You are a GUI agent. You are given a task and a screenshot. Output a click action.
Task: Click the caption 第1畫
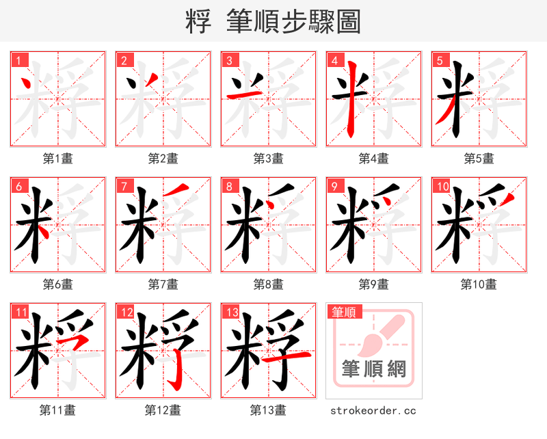[x=58, y=159]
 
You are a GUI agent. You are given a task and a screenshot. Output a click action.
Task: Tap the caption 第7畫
[x=163, y=284]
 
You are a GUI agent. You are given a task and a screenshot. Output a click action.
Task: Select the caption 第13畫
[x=268, y=410]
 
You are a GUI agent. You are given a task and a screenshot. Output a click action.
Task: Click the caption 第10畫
[x=479, y=284]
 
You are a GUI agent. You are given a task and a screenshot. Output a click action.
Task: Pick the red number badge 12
[x=126, y=313]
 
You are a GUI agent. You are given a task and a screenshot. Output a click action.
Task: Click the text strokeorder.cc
[x=373, y=411]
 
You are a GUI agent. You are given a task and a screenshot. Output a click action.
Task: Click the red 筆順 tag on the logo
[x=343, y=312]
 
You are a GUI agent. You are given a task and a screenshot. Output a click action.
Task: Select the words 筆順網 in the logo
[x=374, y=369]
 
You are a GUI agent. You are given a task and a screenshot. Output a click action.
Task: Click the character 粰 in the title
[x=198, y=22]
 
